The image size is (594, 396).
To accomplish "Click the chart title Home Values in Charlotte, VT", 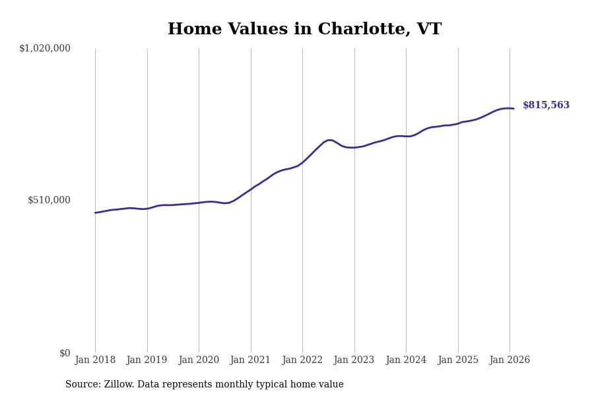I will click(304, 30).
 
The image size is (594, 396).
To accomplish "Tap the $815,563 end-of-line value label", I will click(546, 106).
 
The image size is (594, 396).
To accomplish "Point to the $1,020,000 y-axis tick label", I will click(45, 48).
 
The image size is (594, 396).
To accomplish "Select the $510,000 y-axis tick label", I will click(49, 200).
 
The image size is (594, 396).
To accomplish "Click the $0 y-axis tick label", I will click(65, 353).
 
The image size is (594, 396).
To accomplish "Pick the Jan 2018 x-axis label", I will click(95, 360).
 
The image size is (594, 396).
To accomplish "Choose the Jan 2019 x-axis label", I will click(147, 360).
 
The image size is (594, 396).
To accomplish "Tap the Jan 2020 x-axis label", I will click(199, 360).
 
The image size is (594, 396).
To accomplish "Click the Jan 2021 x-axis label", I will click(251, 360).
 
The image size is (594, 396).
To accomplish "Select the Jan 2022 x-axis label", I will click(302, 360).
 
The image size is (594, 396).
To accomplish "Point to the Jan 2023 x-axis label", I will click(354, 360).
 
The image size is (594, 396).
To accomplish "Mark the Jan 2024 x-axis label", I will click(406, 360).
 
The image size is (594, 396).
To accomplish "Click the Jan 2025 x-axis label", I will click(458, 360).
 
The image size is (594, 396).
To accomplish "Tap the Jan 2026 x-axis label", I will click(510, 360).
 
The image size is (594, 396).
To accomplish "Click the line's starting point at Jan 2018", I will click(95, 213).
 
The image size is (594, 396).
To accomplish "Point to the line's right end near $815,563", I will click(513, 108).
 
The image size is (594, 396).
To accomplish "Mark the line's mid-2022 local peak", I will click(329, 140).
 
